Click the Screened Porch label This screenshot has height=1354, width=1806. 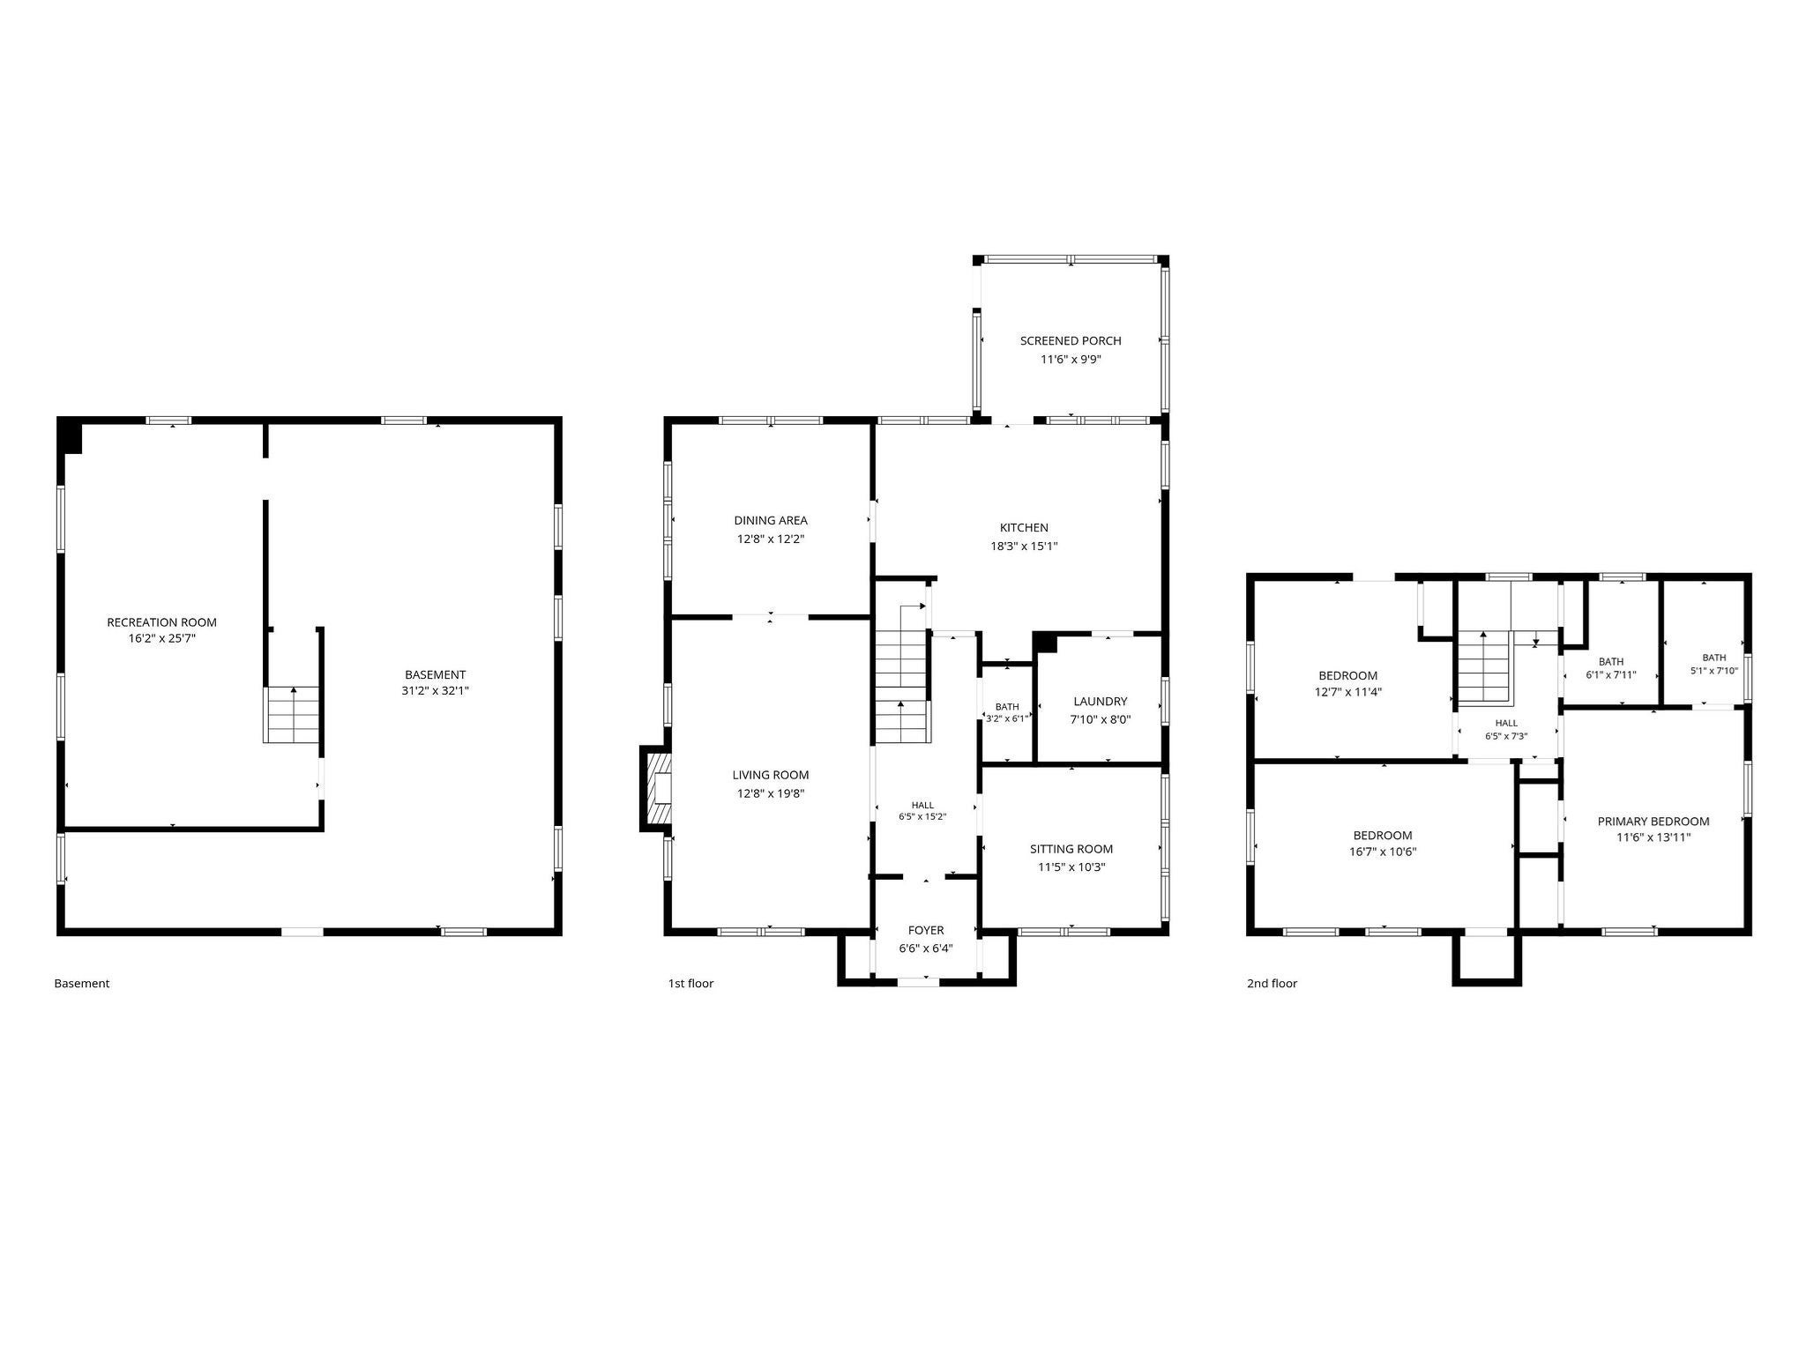coord(1071,340)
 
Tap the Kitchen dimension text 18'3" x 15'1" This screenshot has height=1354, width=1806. coord(1024,546)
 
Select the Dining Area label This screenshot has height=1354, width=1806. coord(771,520)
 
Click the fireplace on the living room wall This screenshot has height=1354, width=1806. coord(656,789)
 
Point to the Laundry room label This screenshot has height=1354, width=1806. coord(1100,702)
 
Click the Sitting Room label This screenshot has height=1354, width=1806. coord(1071,849)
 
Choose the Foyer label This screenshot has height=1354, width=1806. coord(926,930)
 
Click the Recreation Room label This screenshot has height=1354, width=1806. coord(161,622)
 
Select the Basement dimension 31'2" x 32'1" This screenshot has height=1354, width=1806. coord(435,691)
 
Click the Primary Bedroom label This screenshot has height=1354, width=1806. coord(1653,822)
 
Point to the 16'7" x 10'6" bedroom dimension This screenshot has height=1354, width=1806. coord(1383,852)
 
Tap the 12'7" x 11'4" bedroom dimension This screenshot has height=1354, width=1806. coord(1347,692)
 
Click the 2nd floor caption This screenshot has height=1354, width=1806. coord(1272,984)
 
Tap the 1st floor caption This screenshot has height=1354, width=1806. coord(690,984)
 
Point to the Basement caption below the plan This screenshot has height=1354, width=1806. coord(82,984)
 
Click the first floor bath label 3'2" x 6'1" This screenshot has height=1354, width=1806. coord(1007,712)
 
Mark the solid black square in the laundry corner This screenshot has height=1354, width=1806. coord(1045,643)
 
